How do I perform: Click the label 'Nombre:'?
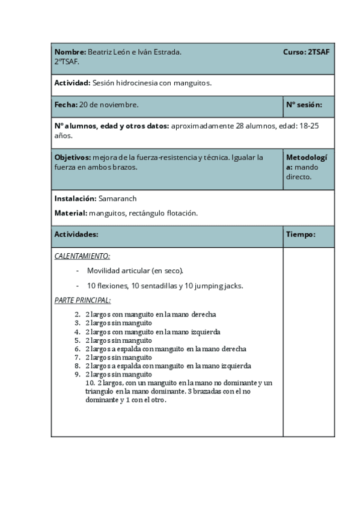(x=70, y=52)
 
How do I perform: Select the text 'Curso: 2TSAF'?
(x=306, y=52)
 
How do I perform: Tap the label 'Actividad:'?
(x=72, y=83)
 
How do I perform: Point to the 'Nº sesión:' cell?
(x=304, y=105)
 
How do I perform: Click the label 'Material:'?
(x=71, y=213)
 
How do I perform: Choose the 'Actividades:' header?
(x=76, y=234)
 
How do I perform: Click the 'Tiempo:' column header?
(x=301, y=234)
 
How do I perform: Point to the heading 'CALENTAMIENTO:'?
(x=82, y=256)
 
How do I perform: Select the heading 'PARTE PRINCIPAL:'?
(x=82, y=300)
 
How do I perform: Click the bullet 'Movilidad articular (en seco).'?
(x=135, y=271)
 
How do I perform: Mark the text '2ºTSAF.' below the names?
(x=66, y=61)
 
